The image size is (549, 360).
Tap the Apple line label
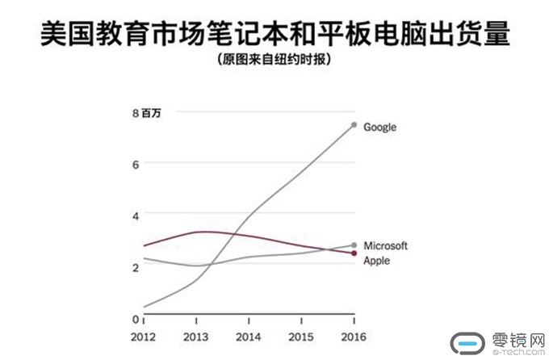coord(376,261)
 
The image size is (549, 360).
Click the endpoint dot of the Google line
coord(354,124)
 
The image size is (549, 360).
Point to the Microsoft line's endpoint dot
coord(354,245)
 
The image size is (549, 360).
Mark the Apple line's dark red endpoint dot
coord(354,253)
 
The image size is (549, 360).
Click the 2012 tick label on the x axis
coord(145,336)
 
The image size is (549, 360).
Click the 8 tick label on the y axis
coord(136,113)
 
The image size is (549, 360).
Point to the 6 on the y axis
coord(136,164)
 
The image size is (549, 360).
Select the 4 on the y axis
coord(136,215)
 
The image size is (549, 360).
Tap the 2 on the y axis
coord(136,266)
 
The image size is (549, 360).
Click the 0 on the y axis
coord(136,318)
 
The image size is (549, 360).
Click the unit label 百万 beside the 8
coord(151,113)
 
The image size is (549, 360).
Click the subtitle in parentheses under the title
coord(274,59)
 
